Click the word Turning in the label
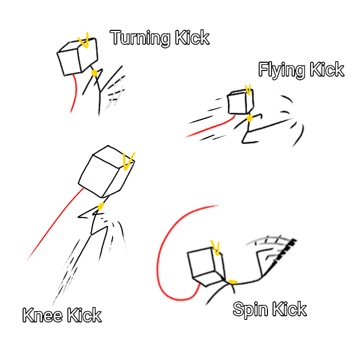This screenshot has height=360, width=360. tap(140, 38)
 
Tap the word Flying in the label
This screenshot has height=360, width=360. tap(282, 70)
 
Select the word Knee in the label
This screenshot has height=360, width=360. tap(43, 315)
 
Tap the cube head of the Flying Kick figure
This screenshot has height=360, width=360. tap(241, 102)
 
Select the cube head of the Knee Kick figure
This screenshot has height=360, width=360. tap(106, 171)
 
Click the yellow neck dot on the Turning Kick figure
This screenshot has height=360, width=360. tap(94, 73)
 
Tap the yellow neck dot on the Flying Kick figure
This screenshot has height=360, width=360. tap(249, 118)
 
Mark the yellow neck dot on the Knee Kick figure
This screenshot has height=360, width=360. tap(101, 206)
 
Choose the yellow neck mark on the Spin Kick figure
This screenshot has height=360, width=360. tap(232, 282)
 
